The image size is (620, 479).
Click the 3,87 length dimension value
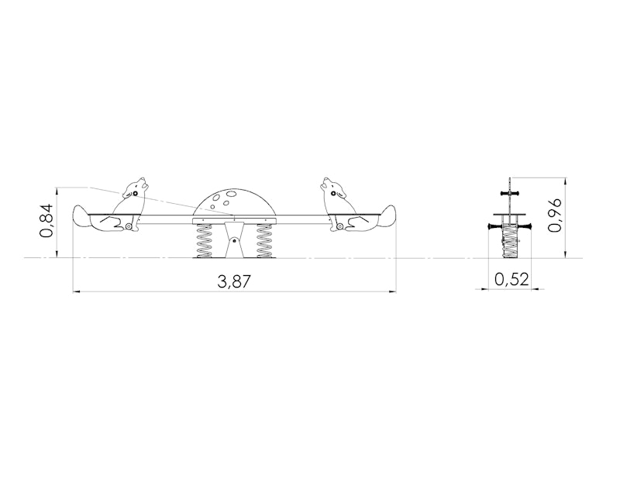234,281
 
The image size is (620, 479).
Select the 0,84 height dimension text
46,221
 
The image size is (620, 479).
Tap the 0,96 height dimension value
554,215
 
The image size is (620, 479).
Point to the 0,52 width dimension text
511,279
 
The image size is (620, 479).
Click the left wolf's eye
135,194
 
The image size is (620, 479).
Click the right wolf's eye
334,194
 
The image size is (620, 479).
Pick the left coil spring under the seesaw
204,240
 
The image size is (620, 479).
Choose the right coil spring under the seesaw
264,240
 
